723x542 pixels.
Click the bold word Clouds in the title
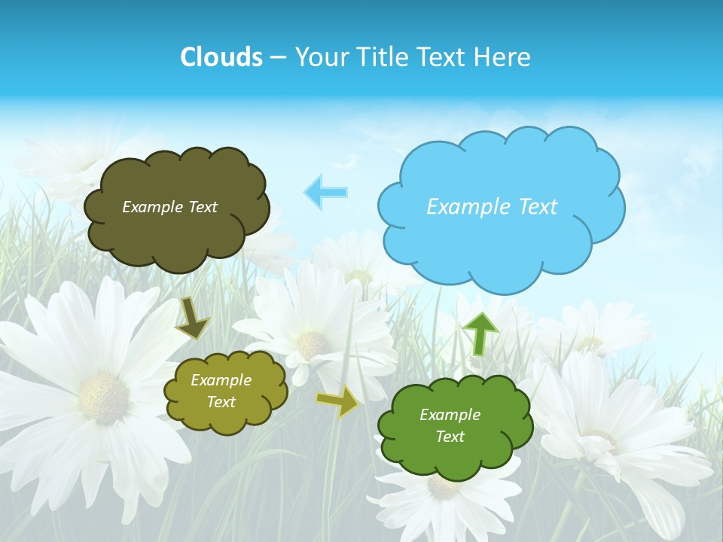(x=221, y=57)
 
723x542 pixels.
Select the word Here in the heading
(x=505, y=57)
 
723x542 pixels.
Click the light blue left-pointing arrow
(x=325, y=193)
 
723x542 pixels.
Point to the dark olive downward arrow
(x=192, y=318)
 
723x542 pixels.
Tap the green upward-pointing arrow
(x=480, y=333)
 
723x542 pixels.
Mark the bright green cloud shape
(x=455, y=426)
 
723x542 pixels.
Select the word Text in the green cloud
(x=450, y=437)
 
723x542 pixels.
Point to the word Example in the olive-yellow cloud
(x=221, y=380)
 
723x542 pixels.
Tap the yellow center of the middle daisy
(x=310, y=343)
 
